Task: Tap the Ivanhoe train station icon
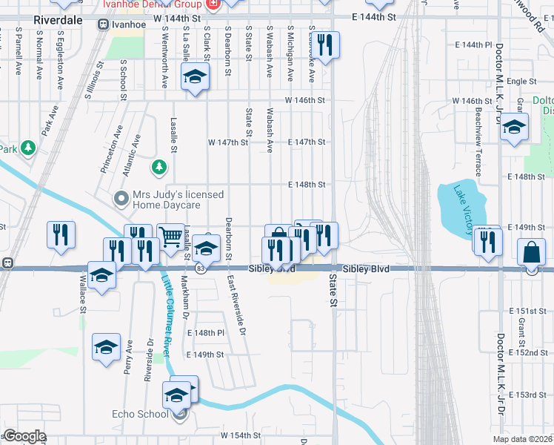click(x=103, y=24)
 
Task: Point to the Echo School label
click(x=140, y=414)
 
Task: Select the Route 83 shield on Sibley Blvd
click(x=201, y=268)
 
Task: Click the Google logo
click(x=24, y=436)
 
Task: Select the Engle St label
click(x=521, y=81)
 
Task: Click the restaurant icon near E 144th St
click(x=326, y=47)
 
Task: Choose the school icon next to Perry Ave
click(x=106, y=346)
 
